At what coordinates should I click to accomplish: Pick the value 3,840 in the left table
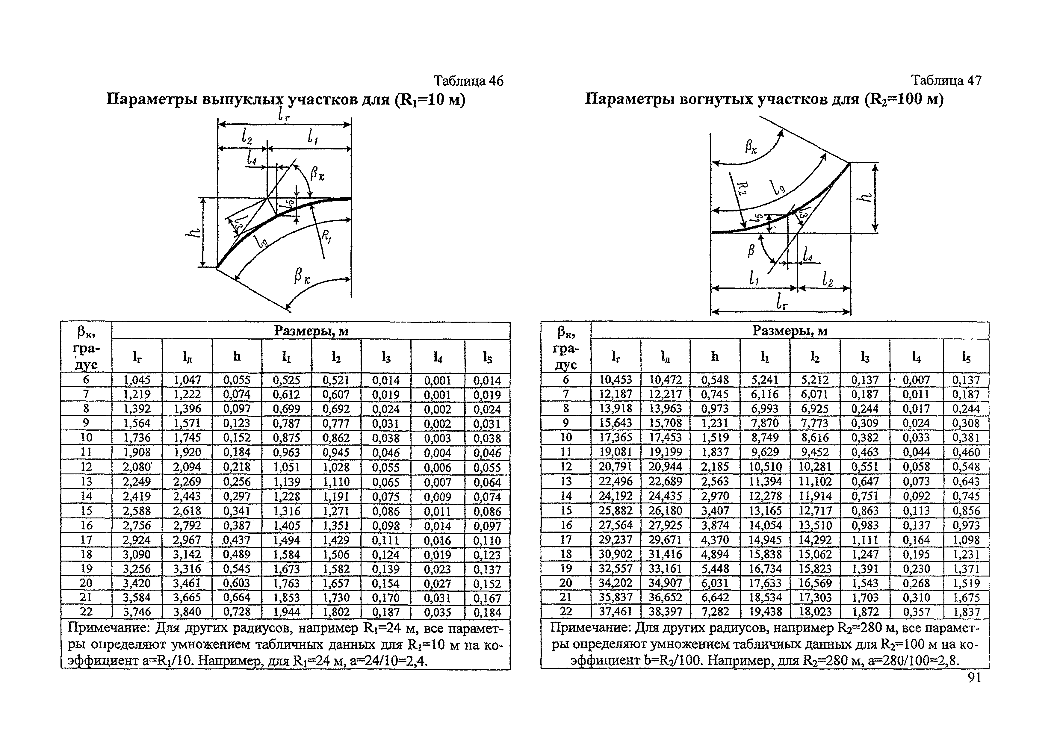click(x=187, y=612)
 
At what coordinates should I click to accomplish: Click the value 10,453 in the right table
click(x=616, y=379)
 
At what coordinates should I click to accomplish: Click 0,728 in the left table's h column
click(x=237, y=612)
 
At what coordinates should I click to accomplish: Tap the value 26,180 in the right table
click(x=666, y=510)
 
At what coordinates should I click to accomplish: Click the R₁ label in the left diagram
click(x=326, y=236)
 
